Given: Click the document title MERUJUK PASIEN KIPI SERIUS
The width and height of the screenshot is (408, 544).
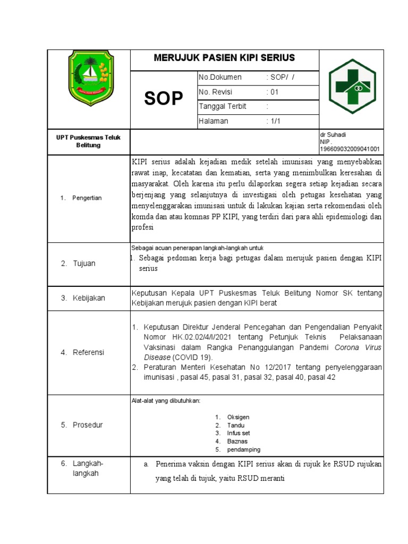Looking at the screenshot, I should pos(224,58).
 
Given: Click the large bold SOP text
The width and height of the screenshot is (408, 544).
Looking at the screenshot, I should pos(164,99).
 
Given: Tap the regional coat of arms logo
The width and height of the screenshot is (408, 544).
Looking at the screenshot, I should pos(89,80).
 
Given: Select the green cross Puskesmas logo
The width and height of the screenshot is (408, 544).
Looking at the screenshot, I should pos(352,86).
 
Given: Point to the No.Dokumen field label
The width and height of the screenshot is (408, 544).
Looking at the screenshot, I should pos(220,78).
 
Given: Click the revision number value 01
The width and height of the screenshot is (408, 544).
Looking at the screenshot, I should pos(273,92).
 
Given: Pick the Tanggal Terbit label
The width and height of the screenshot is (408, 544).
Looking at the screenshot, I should pos(222,106).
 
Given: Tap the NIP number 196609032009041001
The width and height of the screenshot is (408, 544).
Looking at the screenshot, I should pos(350,150).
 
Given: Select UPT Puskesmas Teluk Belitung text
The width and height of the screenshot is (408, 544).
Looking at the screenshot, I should pos(89,141).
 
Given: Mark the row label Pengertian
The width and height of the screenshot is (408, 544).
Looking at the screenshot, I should pos(87,198).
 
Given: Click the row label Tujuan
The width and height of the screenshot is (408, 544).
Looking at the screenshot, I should pos(84,263).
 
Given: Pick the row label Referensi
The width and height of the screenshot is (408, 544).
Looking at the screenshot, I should pos(88,352).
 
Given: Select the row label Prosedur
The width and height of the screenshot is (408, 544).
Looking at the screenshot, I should pos(88,425).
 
